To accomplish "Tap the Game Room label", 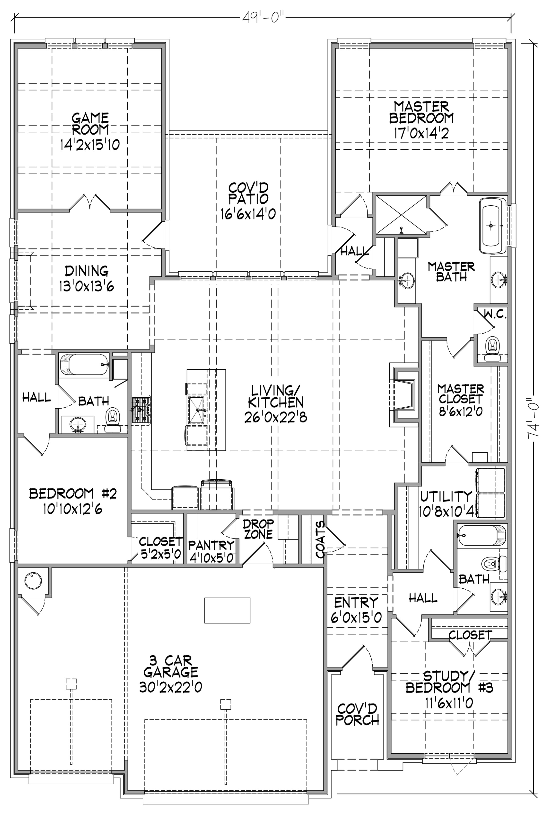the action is point(90,123).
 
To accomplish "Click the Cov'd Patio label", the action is point(248,193).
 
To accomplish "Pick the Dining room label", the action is point(87,271).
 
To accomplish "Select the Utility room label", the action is point(446,496).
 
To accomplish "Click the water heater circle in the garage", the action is point(33,580).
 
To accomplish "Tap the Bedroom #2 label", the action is point(73,493).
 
